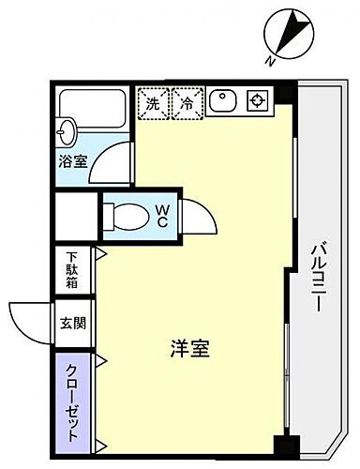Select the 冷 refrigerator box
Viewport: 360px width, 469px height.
coord(187,103)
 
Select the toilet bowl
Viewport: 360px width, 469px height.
coord(127,216)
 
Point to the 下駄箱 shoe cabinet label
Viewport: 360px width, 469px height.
coord(72,268)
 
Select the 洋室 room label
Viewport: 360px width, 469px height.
coord(188,350)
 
